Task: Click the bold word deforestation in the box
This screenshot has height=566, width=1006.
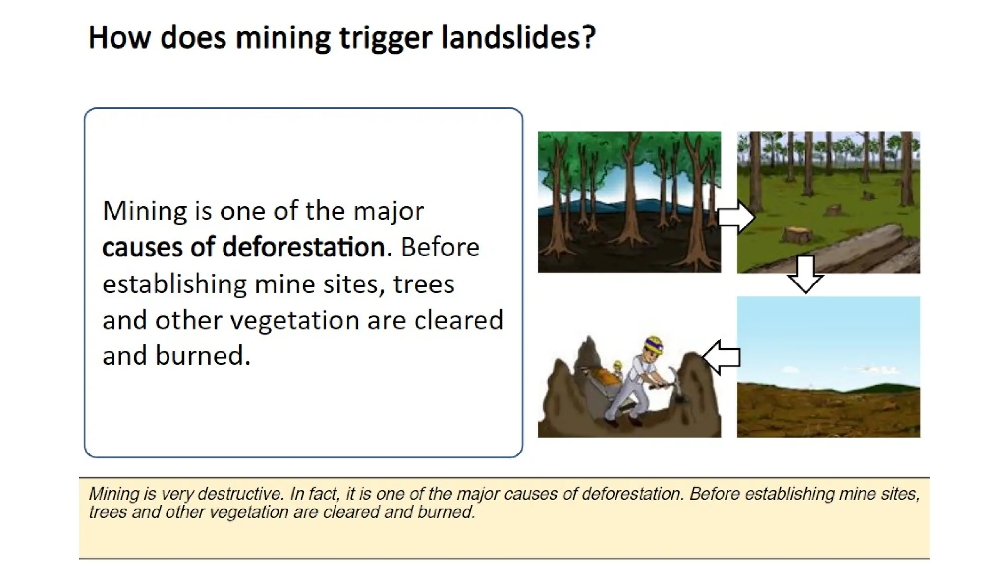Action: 303,247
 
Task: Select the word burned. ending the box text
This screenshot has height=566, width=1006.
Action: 202,355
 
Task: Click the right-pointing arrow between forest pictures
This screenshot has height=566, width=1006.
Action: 736,217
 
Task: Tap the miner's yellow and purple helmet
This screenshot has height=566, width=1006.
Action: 654,344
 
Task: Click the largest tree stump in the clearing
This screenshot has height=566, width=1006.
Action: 795,234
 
